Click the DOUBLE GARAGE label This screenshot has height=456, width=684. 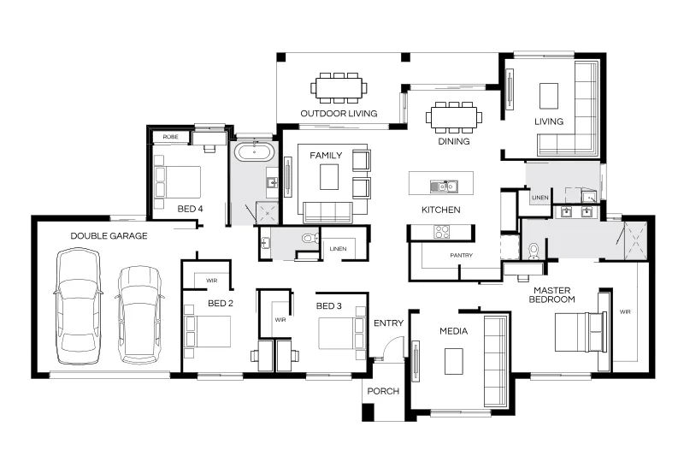pos(109,236)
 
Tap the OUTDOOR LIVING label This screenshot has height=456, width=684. pos(339,114)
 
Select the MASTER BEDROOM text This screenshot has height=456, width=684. pos(551,295)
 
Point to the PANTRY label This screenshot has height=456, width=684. pos(461,255)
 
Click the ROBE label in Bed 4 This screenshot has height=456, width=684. pos(170,137)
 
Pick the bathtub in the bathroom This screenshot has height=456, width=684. pos(254,152)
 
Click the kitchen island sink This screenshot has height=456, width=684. pos(443,187)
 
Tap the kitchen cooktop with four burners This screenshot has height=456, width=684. pos(441,232)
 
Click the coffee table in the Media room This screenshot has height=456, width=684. pos(454,361)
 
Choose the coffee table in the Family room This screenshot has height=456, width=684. pos(329,177)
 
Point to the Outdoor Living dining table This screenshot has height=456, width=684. pos(339,88)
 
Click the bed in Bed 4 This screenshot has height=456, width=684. pos(177,182)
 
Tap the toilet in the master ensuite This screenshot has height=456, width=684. pos(534,252)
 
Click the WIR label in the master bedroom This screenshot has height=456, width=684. pos(625,312)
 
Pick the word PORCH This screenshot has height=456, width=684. pos(383,392)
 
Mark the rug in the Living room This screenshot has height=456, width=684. pos(549,96)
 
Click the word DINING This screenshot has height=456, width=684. pos(454,141)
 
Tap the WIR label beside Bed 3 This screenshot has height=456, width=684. pos(280,320)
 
